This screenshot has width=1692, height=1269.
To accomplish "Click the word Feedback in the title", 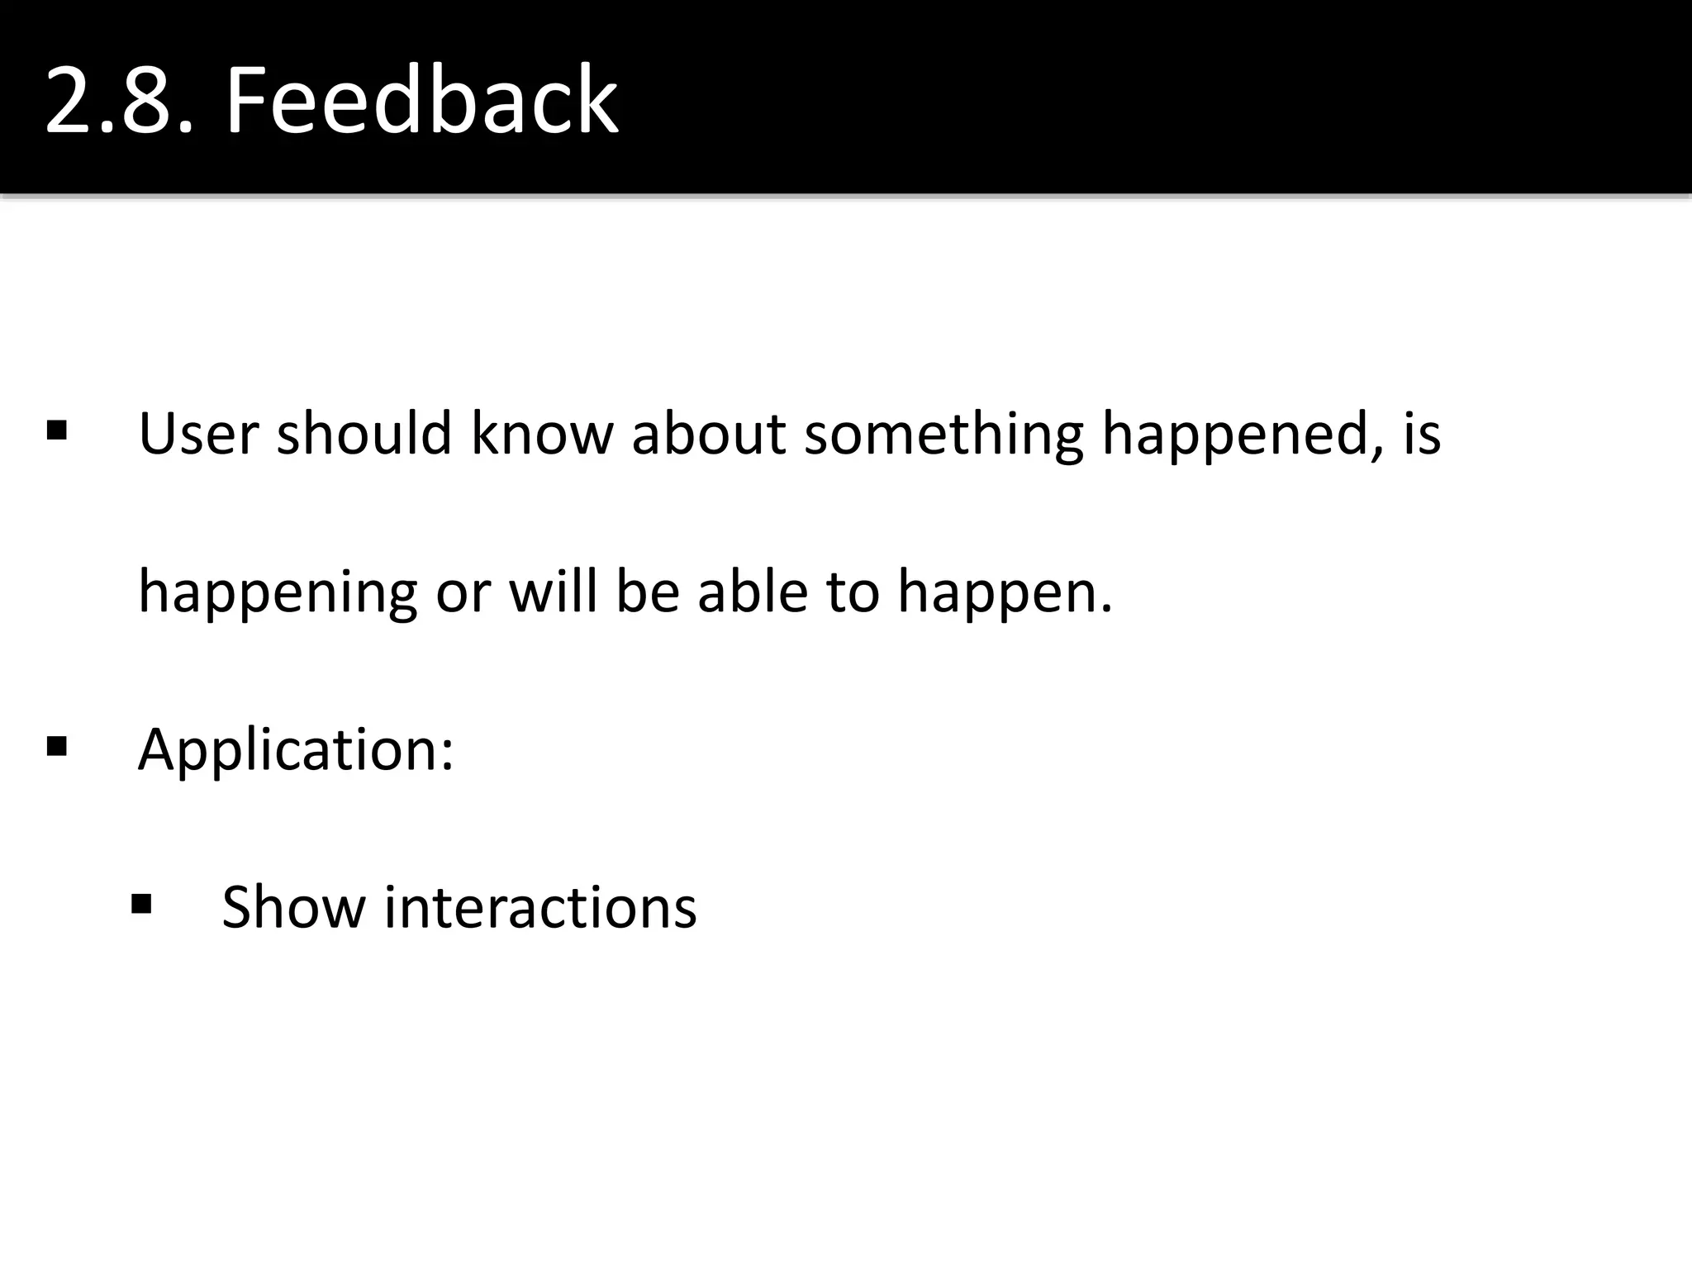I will [x=421, y=102].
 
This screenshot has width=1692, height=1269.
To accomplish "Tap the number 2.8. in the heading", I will [x=120, y=102].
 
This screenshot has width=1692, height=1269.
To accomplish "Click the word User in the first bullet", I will [x=198, y=433].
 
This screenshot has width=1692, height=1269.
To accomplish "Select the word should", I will [x=364, y=433].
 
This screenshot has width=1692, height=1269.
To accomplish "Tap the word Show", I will [x=293, y=907].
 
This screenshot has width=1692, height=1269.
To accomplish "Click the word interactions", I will [x=540, y=907].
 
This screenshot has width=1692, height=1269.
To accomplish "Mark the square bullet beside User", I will [x=57, y=430].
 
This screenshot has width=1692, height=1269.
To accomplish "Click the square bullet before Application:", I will [x=57, y=747].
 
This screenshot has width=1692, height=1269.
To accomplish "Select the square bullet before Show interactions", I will [x=141, y=904].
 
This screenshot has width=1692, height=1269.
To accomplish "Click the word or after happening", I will [x=463, y=592].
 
